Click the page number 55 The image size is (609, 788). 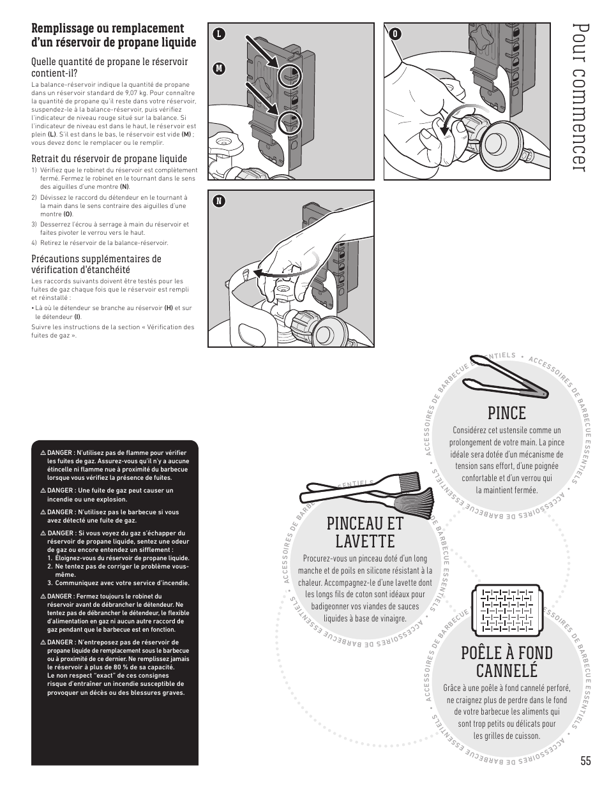pyautogui.click(x=586, y=760)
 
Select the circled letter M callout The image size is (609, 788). pyautogui.click(x=218, y=68)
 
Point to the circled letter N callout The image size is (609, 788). pyautogui.click(x=218, y=201)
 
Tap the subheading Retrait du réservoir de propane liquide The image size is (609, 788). pyautogui.click(x=109, y=159)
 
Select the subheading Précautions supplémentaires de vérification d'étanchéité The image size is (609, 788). pyautogui.click(x=96, y=264)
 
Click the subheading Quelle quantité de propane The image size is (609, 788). pyautogui.click(x=110, y=67)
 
